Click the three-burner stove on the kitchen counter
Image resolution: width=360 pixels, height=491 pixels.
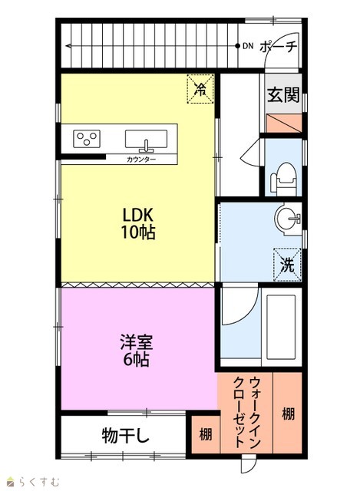pos(87,139)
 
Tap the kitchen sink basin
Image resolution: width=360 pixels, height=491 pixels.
pos(147,139)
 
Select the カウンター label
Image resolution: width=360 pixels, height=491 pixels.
pos(141,160)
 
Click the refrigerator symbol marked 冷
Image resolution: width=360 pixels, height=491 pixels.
pos(200,89)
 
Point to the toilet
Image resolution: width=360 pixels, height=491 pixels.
pos(283,179)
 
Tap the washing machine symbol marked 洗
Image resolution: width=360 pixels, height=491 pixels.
pos(287,264)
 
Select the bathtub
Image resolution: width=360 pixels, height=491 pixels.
pos(281,327)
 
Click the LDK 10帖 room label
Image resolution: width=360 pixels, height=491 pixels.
pos(138,223)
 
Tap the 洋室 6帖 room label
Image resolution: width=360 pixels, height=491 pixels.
pos(137,351)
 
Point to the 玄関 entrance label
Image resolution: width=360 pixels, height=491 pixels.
pos(283,94)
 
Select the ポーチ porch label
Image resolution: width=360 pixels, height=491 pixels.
pos(278,47)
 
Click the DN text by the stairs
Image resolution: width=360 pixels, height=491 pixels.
pos(248,46)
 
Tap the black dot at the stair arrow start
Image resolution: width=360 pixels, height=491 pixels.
pos(237,46)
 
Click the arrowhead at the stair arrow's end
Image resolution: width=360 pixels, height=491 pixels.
pos(68,46)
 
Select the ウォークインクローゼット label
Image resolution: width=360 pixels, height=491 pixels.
pos(247,413)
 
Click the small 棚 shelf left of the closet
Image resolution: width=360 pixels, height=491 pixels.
pos(206,435)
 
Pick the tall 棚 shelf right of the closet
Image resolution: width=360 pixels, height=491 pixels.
pos(289,414)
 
